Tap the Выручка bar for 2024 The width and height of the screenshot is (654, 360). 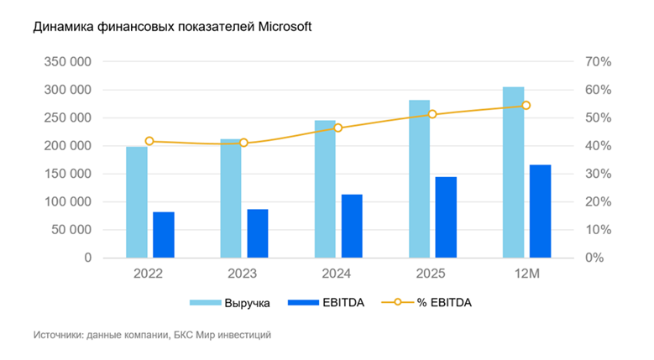[325, 189]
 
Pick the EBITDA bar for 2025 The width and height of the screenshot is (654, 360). [446, 217]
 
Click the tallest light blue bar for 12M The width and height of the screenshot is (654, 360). [513, 172]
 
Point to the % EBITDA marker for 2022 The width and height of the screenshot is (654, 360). [149, 141]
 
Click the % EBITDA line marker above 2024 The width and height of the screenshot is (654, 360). [337, 128]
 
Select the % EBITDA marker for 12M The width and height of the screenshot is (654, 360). [526, 106]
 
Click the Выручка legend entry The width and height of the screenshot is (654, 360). [247, 303]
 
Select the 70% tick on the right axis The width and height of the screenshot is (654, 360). [599, 62]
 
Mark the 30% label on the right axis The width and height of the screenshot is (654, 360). [599, 174]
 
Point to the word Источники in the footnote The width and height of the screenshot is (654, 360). [61, 335]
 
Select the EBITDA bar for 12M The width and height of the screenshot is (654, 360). [540, 211]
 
